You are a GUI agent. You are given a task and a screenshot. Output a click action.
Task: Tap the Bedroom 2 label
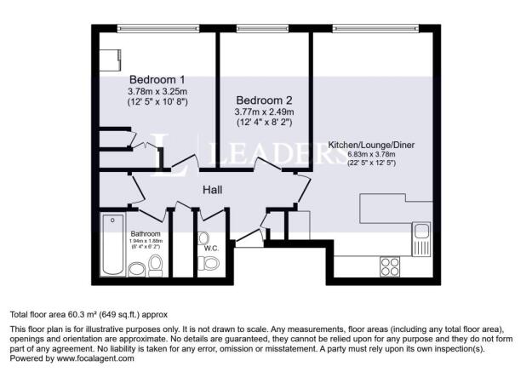pos(265,99)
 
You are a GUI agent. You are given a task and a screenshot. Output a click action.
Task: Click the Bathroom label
pos(146,233)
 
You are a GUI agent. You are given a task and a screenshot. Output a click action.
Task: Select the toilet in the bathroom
pos(155,269)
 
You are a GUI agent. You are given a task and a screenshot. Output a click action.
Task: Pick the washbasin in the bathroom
pos(136,271)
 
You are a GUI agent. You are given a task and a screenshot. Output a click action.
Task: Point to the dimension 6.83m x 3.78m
pos(373,154)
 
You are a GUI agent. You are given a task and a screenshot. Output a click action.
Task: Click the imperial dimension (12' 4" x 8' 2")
pos(265,123)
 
